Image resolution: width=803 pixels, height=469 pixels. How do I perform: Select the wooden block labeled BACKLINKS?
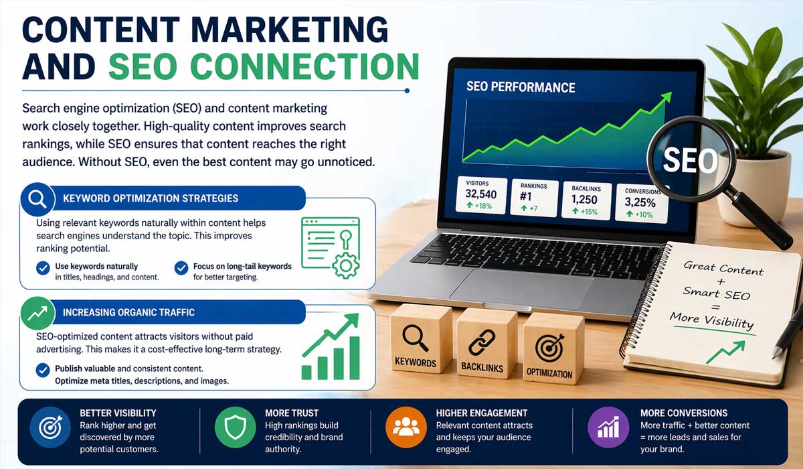pyautogui.click(x=482, y=343)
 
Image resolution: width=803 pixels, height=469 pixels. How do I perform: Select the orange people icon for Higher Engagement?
pyautogui.click(x=404, y=429)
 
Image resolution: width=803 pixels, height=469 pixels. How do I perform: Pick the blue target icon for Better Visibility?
pyautogui.click(x=49, y=429)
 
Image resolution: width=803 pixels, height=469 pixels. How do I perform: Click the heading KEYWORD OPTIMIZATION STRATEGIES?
pyautogui.click(x=150, y=198)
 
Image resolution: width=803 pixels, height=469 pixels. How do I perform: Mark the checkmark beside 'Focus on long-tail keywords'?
pyautogui.click(x=181, y=268)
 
